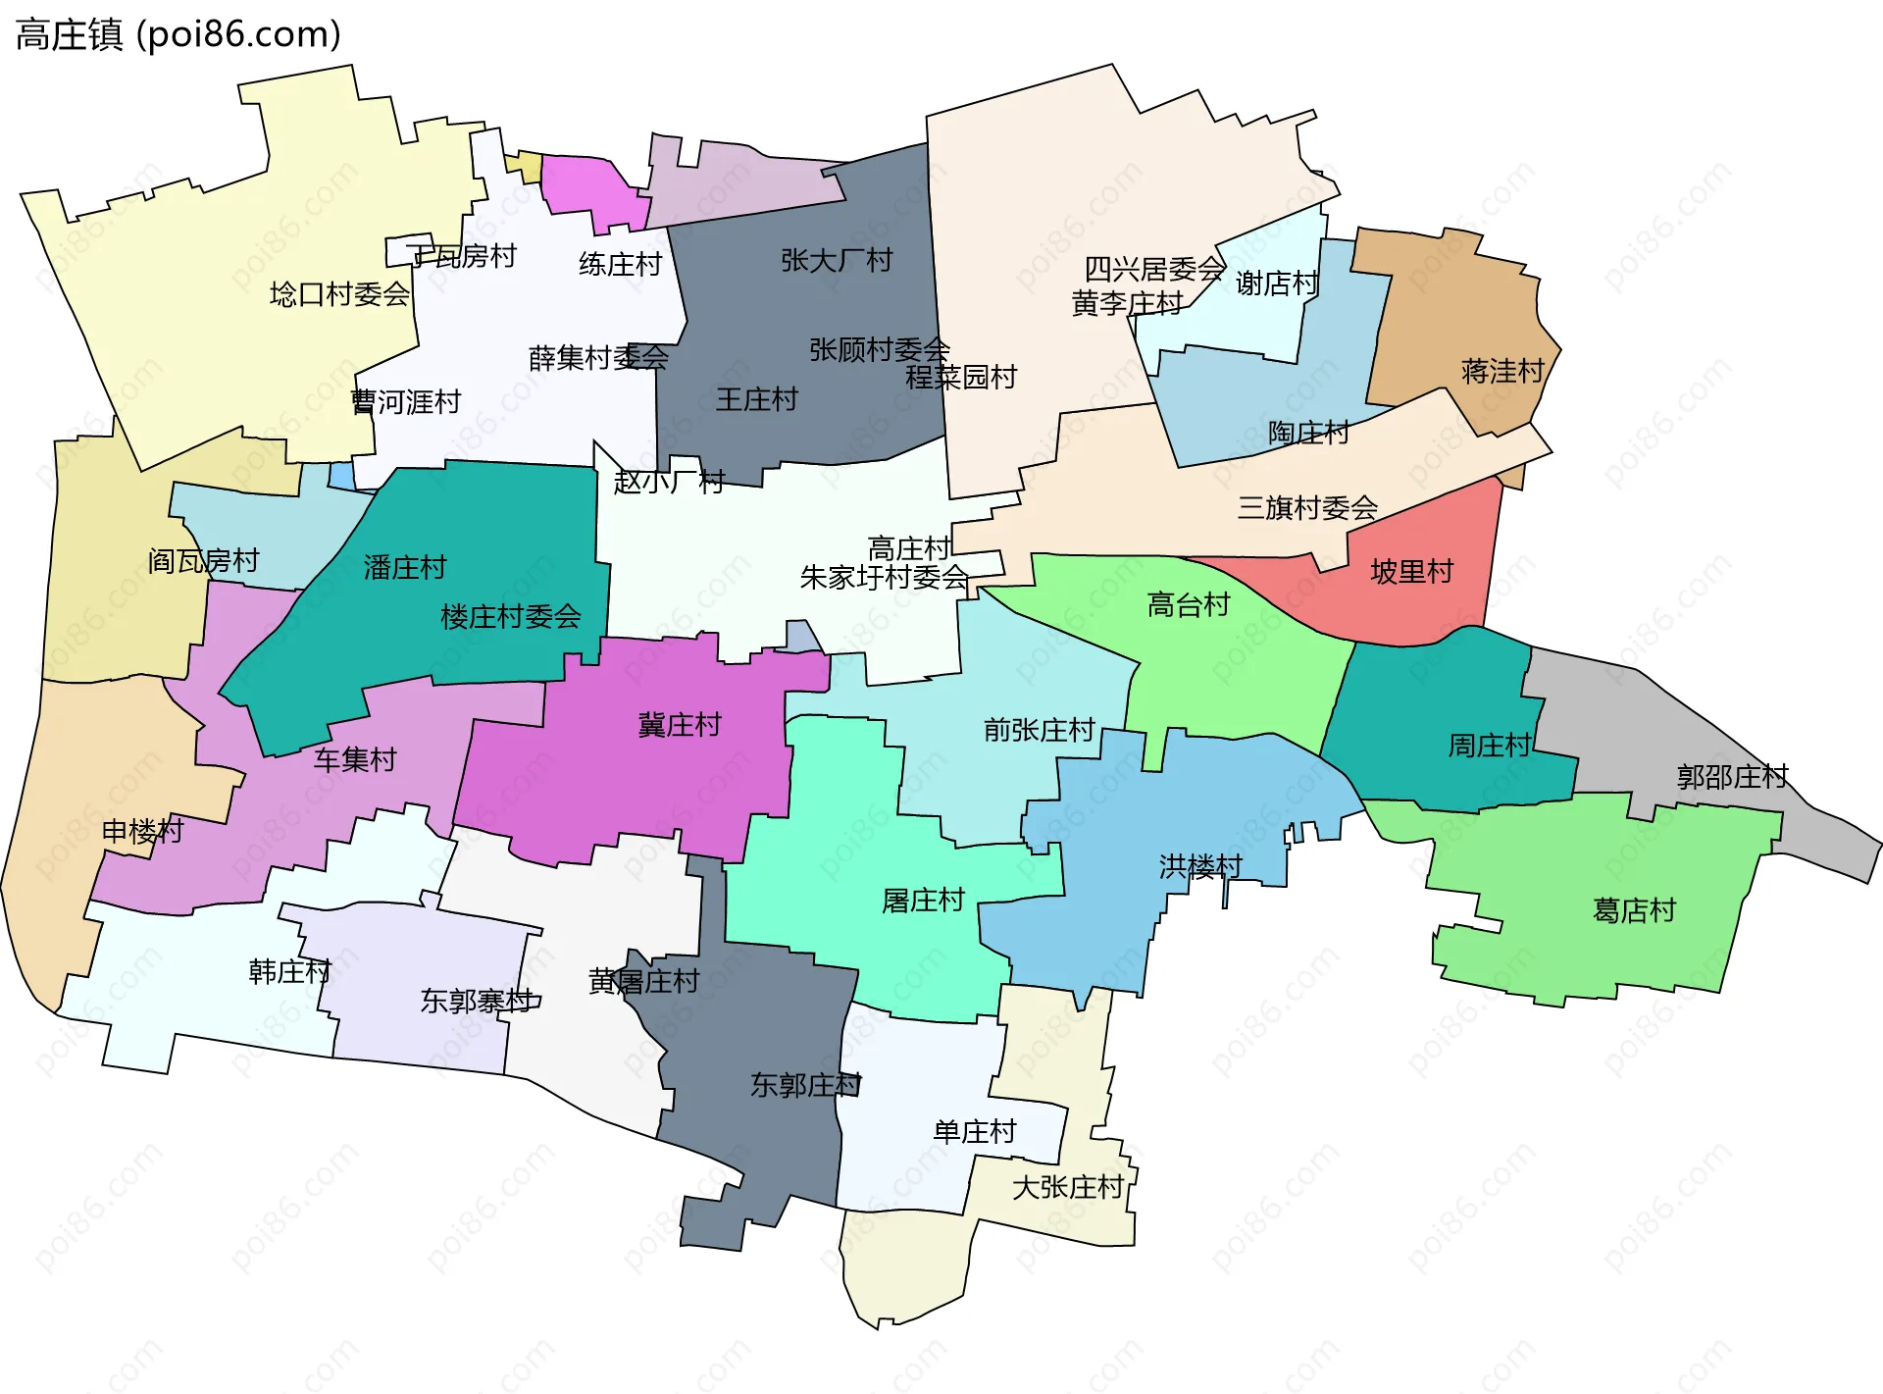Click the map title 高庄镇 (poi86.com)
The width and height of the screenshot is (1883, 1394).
click(x=178, y=34)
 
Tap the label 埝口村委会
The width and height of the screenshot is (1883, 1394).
click(x=339, y=294)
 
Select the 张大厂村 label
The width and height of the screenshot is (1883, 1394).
click(x=837, y=260)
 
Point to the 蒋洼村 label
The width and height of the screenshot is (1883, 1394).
click(x=1502, y=371)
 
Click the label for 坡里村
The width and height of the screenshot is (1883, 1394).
click(x=1411, y=571)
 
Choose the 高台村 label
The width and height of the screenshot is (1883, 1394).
click(x=1189, y=604)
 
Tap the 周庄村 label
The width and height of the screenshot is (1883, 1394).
click(x=1490, y=746)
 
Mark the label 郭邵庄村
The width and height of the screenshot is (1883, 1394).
click(x=1732, y=777)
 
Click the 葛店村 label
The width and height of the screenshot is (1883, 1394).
click(x=1634, y=910)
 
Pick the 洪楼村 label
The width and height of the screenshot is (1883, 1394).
click(x=1200, y=866)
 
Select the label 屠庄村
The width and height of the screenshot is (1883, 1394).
click(x=923, y=900)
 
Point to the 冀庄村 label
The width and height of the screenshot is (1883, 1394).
click(x=680, y=725)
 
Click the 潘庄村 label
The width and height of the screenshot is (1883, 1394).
click(x=404, y=567)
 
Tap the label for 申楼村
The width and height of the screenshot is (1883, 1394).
click(x=143, y=831)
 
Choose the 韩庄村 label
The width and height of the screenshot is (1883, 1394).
click(x=290, y=971)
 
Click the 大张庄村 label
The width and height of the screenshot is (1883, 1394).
click(x=1067, y=1187)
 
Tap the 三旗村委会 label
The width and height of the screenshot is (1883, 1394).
click(x=1307, y=507)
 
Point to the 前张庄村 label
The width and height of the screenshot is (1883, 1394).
click(x=1039, y=730)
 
